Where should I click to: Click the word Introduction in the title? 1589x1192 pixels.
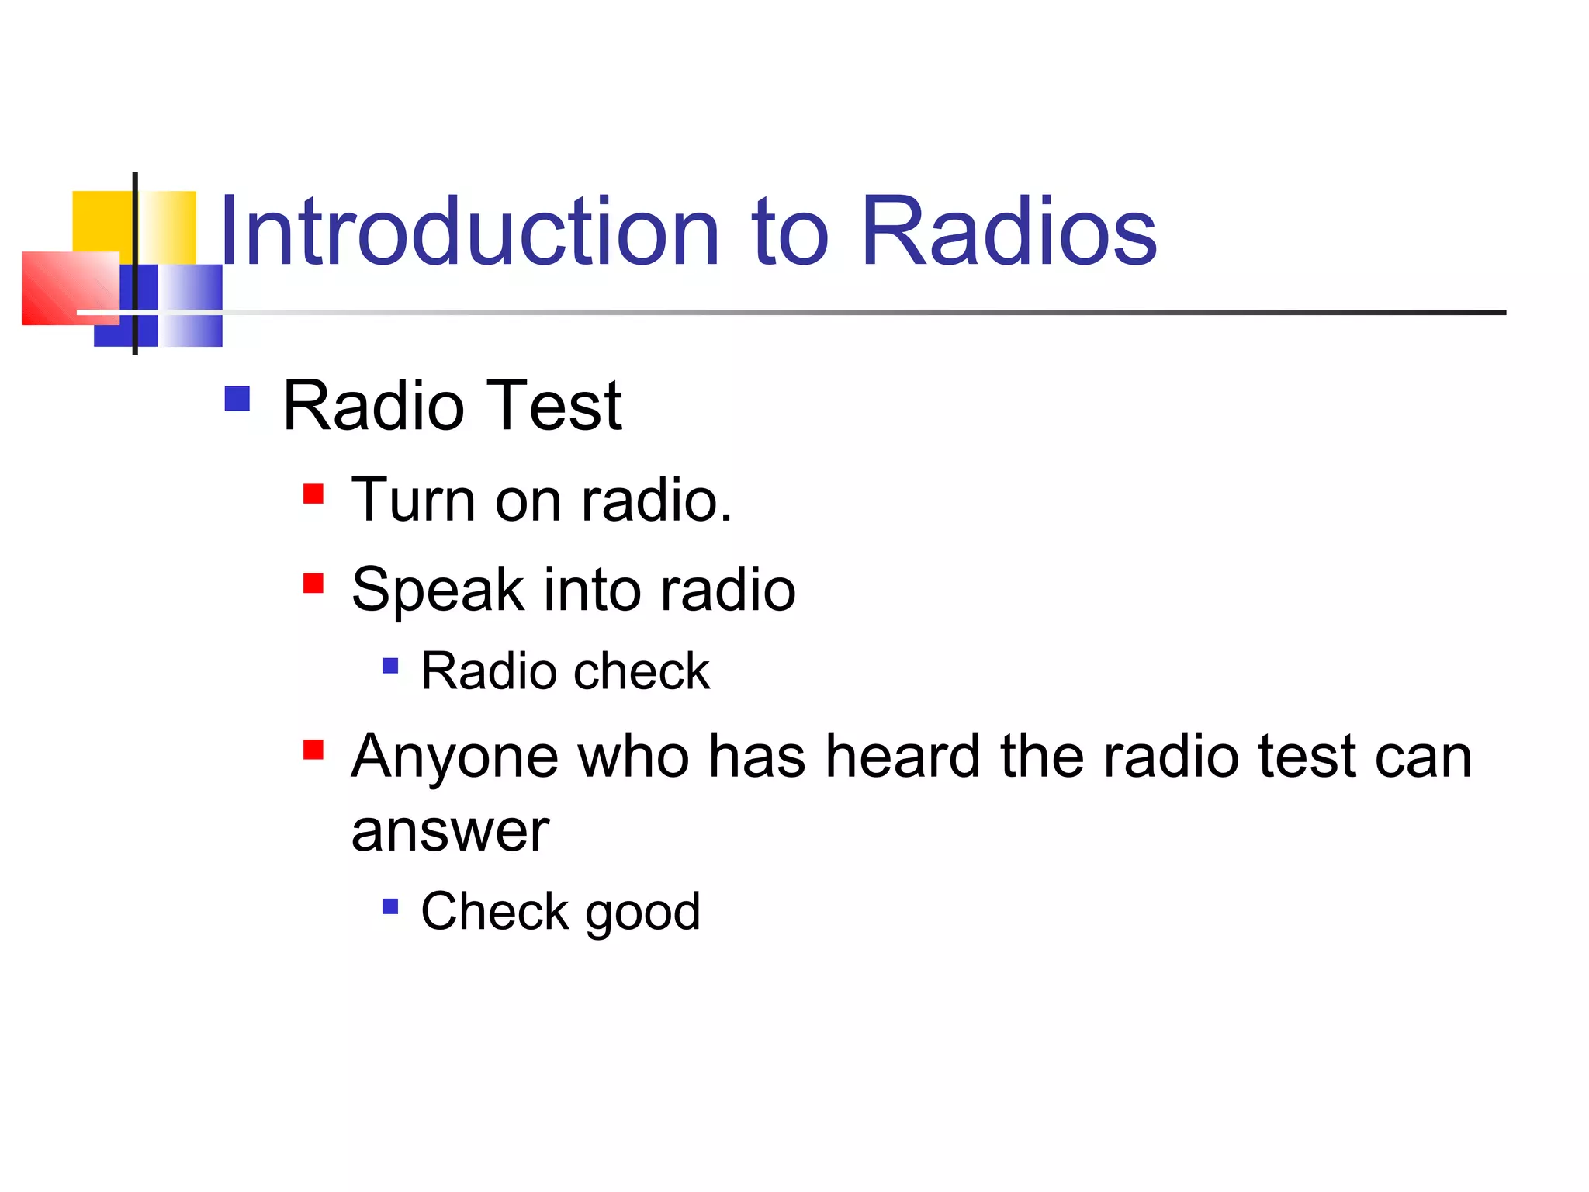coord(470,232)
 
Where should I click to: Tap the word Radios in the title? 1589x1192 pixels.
coord(1008,232)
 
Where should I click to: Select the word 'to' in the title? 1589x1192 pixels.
coord(789,232)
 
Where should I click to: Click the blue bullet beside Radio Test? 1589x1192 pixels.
coord(237,399)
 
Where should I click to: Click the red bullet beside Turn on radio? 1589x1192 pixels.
coord(313,494)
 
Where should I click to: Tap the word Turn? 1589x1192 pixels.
coord(412,500)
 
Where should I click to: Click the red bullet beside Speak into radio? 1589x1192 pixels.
coord(313,583)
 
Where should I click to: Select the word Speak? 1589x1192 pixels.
coord(438,590)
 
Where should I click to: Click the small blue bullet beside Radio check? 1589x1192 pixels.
coord(390,666)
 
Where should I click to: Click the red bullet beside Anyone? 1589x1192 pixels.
coord(313,750)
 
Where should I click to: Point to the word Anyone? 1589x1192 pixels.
coord(455,757)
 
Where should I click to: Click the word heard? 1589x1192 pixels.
coord(902,757)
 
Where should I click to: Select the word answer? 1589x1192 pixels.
coord(450,831)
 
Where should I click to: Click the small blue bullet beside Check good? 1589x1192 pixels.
coord(390,906)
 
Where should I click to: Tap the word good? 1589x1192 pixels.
coord(642,913)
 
